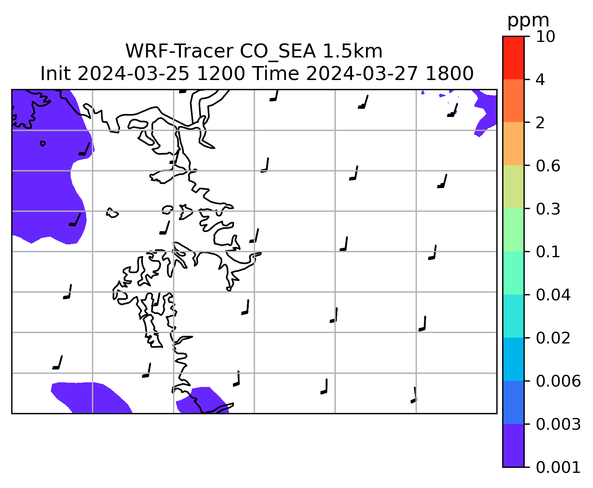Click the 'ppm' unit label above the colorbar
(x=528, y=21)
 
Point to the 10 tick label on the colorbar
(x=545, y=37)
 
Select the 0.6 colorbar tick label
(x=548, y=166)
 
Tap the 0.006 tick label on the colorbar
(x=558, y=381)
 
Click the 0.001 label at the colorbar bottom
(x=558, y=467)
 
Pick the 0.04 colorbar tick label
(x=553, y=295)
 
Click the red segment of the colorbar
(x=513, y=58)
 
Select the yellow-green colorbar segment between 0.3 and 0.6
(x=513, y=186)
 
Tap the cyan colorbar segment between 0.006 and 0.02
(x=513, y=359)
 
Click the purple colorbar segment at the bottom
(x=513, y=446)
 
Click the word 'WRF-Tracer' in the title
(x=179, y=52)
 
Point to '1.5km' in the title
(x=353, y=52)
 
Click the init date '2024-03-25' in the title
(x=133, y=74)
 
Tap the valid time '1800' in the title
(x=449, y=74)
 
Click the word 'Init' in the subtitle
(x=55, y=74)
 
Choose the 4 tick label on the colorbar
(x=540, y=80)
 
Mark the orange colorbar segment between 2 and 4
(x=513, y=101)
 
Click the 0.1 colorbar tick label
(x=548, y=252)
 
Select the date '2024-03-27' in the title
(x=362, y=74)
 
